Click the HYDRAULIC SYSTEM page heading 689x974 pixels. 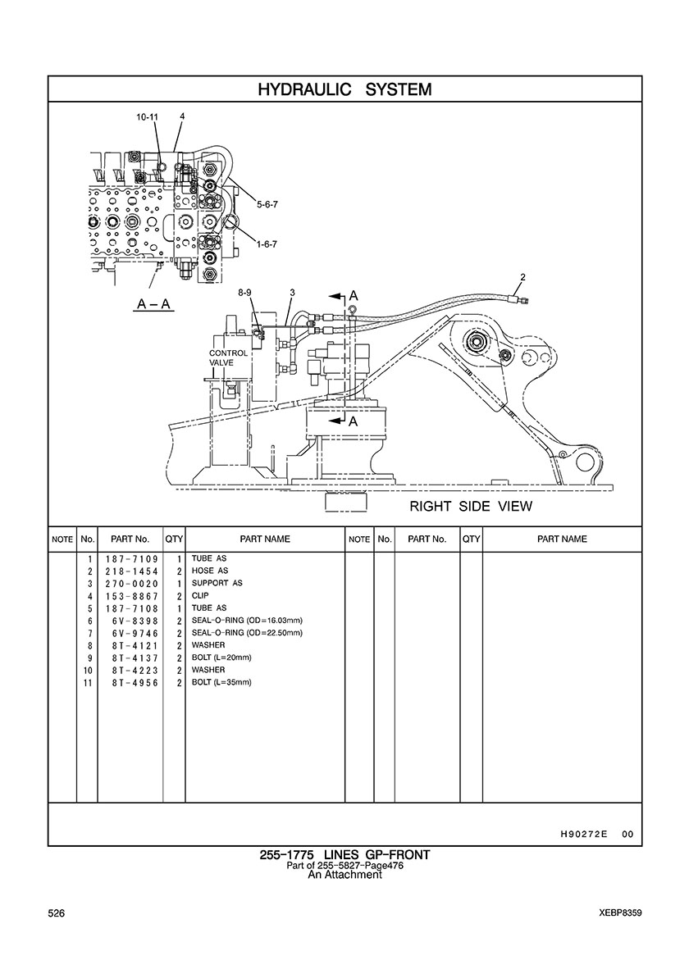344,89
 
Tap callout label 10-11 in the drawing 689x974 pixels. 148,116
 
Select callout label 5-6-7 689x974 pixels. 267,203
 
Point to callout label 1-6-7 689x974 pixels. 267,244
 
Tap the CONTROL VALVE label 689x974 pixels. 228,357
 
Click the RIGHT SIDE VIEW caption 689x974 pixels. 471,506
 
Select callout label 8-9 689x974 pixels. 244,292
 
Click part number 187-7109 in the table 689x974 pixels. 132,559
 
